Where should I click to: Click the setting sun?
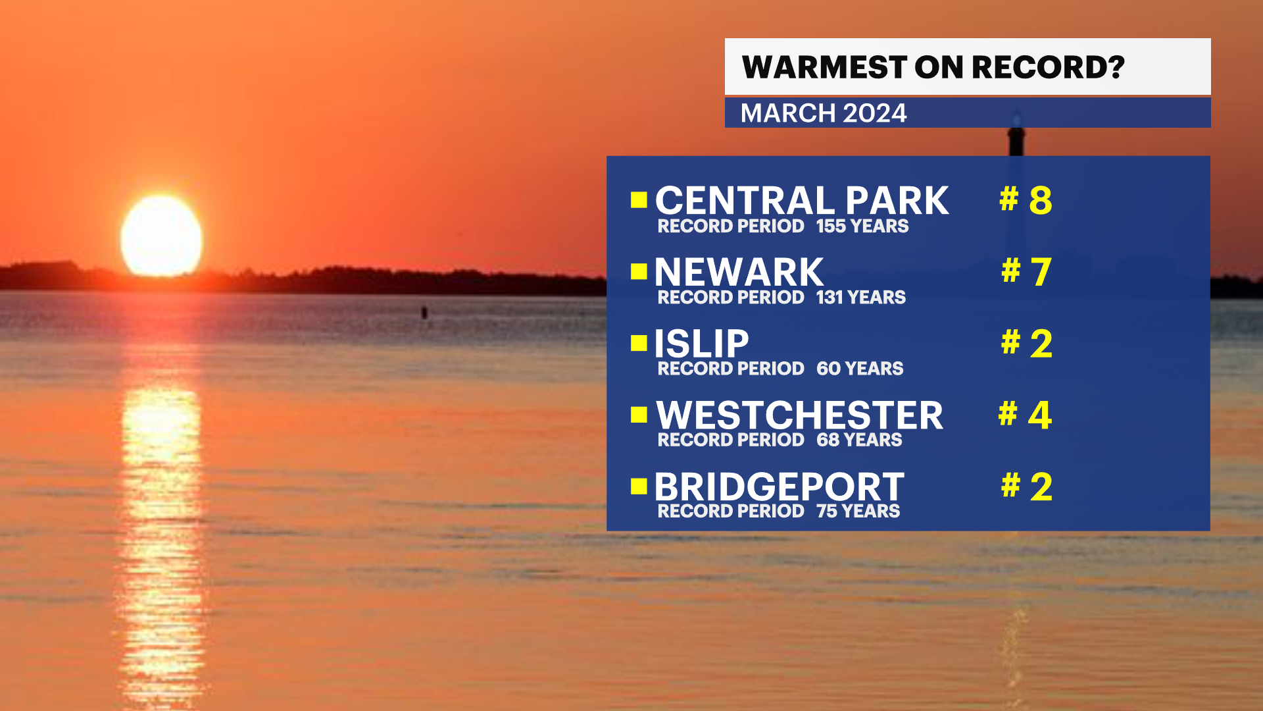161,236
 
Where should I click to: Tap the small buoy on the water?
424,312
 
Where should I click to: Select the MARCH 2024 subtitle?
824,113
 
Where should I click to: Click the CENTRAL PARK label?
802,200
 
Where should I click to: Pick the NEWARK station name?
739,271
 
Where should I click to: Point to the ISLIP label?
701,343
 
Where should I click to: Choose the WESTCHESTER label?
799,415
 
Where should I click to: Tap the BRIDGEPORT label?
779,487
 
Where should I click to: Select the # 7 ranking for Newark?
1026,271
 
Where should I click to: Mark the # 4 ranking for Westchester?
1025,415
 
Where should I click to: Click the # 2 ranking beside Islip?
1026,343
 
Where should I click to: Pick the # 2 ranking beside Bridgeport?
1026,487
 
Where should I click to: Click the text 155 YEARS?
862,226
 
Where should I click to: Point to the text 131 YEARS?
860,298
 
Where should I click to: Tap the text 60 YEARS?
859,369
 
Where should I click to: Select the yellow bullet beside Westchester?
639,414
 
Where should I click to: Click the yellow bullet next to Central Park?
639,199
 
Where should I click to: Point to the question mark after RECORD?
1116,67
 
